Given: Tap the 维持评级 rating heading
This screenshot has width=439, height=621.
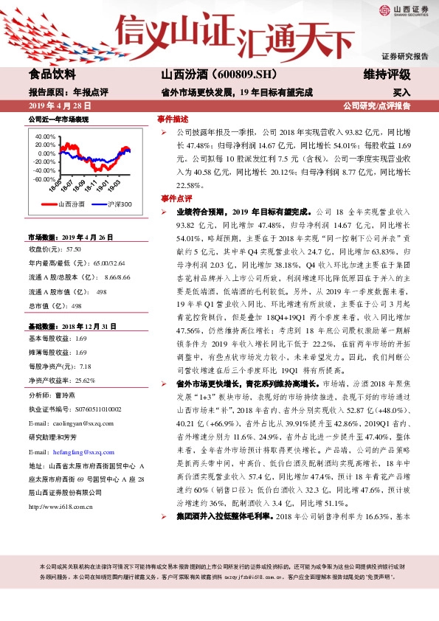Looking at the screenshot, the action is pos(382,74).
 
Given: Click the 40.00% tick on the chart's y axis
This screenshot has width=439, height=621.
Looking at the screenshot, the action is pos(45,137).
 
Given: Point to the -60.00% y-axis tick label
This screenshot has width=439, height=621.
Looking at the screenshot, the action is pos(44,179).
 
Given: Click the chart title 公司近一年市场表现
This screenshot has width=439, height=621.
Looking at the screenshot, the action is pos(58,119).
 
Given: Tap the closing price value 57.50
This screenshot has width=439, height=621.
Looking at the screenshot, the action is pos(75,249).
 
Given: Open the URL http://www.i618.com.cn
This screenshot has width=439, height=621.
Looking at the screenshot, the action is pos(60,507).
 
